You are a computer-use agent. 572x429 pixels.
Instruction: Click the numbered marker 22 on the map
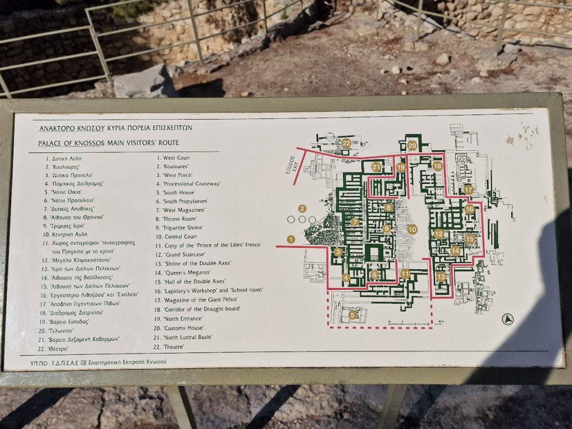click(x=346, y=143)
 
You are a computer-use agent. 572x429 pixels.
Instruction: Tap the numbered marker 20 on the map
click(x=412, y=146)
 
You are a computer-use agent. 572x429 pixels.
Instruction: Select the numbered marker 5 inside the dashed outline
click(x=352, y=315)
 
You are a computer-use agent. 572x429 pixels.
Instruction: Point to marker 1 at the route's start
click(x=290, y=239)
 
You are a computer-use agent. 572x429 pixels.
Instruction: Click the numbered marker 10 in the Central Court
click(x=412, y=229)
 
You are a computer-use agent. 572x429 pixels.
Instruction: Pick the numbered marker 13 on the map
click(x=441, y=277)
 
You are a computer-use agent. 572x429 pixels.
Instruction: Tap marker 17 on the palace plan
click(x=468, y=190)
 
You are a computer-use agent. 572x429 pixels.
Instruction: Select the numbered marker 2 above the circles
click(x=302, y=209)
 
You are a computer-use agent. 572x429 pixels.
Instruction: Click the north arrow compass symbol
click(x=508, y=320)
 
